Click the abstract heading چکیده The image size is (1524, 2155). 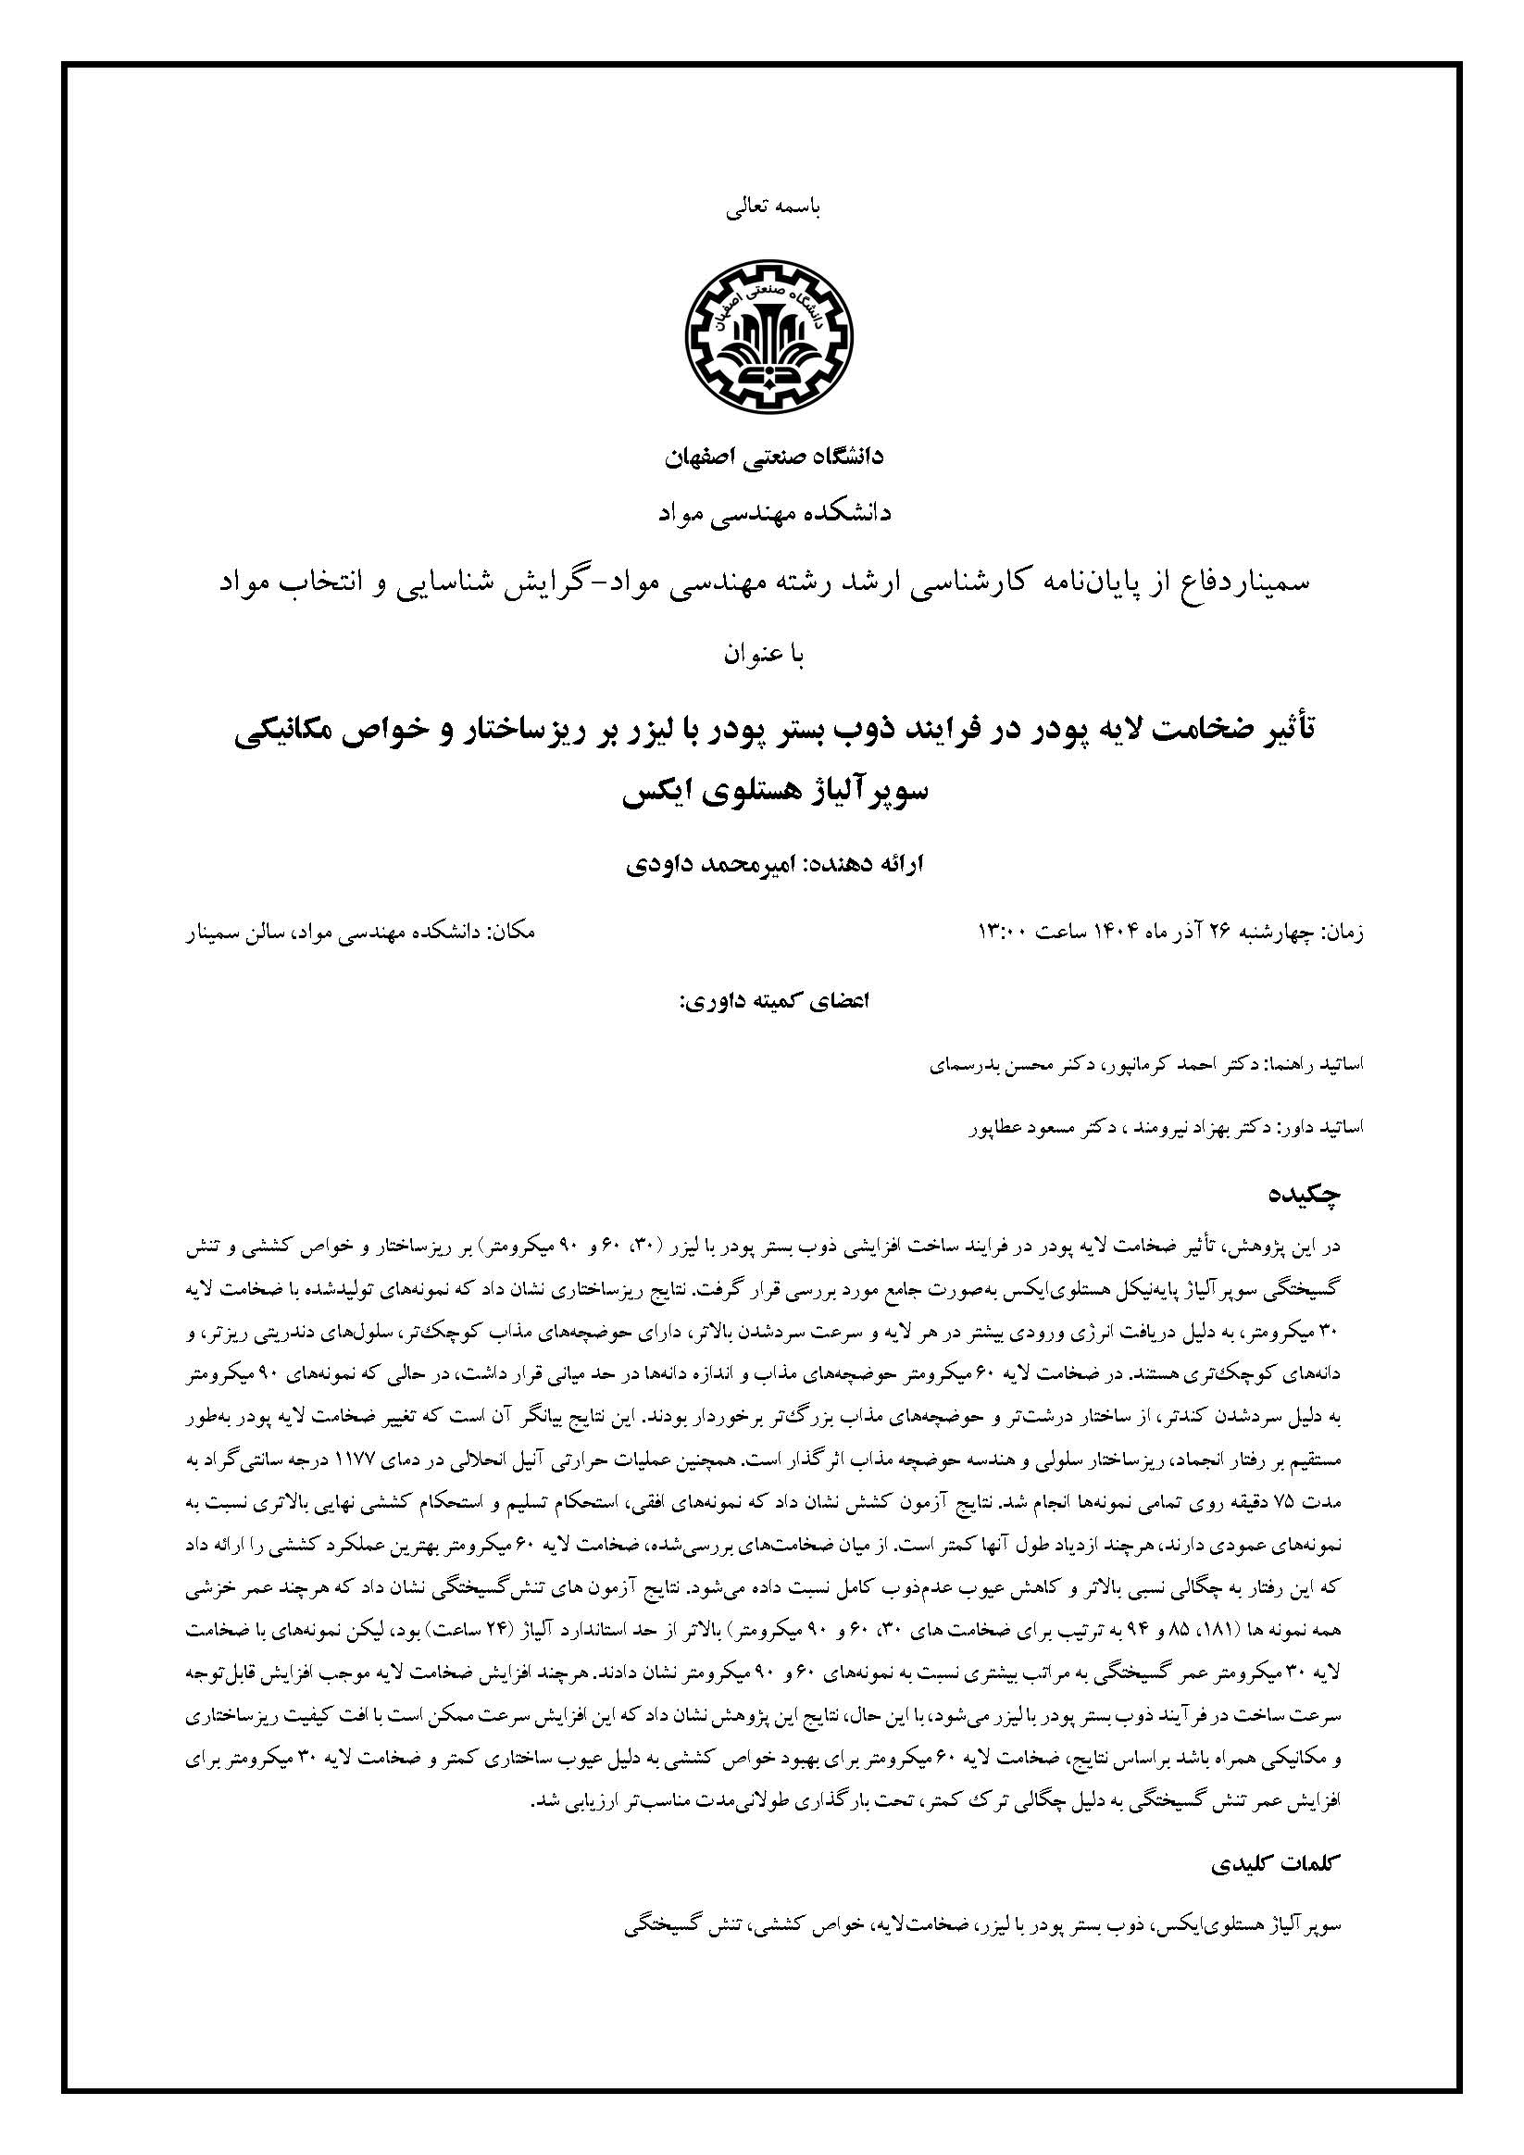pyautogui.click(x=1305, y=1195)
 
